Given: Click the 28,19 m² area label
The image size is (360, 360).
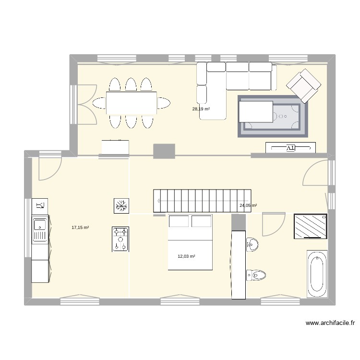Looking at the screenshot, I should (x=201, y=109).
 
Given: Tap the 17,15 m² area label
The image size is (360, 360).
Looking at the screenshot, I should (x=80, y=228).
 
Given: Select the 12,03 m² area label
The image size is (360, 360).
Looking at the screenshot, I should (x=186, y=256).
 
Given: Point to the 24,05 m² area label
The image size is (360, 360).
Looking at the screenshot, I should (x=248, y=205).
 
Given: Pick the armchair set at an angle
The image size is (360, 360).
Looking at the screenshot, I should (x=303, y=85).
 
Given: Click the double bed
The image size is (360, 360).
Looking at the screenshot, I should (x=190, y=242).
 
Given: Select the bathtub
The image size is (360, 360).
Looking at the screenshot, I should (x=317, y=274).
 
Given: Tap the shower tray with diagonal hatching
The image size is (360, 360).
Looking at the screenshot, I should (x=311, y=226).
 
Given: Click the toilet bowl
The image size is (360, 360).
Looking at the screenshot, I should (x=256, y=275).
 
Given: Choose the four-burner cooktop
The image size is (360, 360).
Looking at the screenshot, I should (x=120, y=239).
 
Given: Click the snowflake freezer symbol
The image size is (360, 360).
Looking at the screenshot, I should (x=120, y=206).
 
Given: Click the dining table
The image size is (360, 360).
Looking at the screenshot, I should (x=132, y=103).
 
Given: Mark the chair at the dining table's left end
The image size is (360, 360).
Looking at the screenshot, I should (x=100, y=103).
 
